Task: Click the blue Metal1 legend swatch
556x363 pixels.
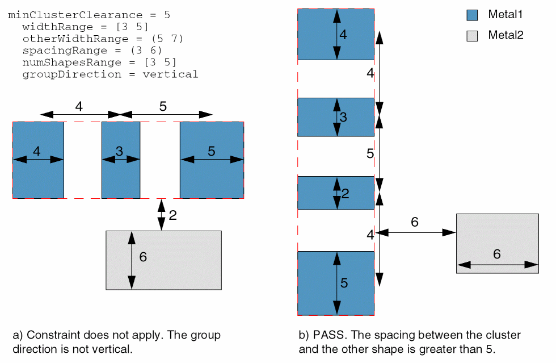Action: pos(472,15)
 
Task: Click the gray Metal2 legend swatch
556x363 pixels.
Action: pos(472,36)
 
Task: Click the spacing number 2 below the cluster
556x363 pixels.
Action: pos(172,215)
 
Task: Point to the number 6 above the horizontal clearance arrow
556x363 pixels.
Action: pos(415,222)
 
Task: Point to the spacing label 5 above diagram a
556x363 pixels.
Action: pos(163,106)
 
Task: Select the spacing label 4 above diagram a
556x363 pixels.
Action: pos(79,106)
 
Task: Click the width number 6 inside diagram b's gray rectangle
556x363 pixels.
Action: pos(496,254)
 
